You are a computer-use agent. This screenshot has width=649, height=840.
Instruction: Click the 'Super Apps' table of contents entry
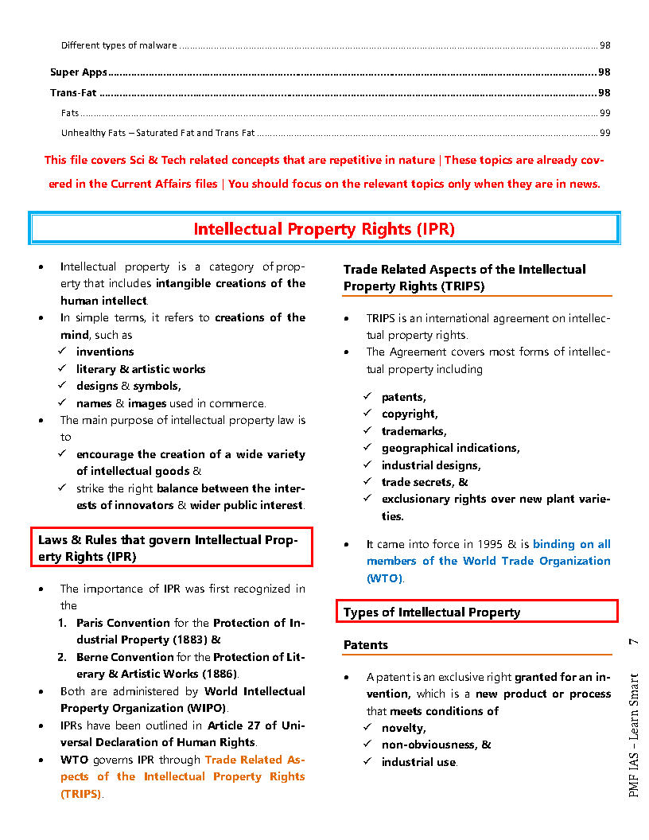point(79,72)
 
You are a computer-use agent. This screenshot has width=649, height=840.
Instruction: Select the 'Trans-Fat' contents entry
point(73,93)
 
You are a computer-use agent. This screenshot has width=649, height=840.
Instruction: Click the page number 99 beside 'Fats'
point(604,113)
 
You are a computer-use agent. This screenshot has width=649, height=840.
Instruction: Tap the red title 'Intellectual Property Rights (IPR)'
point(324,229)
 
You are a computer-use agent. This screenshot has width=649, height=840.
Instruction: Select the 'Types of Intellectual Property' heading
point(432,612)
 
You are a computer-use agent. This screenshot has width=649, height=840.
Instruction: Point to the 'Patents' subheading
point(366,645)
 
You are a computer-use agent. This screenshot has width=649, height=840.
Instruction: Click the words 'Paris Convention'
point(123,623)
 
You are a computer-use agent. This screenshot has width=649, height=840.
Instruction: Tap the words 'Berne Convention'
point(125,657)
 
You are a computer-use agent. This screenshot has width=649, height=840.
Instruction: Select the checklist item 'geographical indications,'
point(450,448)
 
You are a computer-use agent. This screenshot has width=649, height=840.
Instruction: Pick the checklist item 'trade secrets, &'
point(425,482)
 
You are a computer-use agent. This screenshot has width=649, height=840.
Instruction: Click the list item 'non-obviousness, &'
point(436,745)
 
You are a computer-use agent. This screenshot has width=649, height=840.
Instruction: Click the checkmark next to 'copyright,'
point(367,414)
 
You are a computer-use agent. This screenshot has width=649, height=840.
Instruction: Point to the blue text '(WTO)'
point(385,578)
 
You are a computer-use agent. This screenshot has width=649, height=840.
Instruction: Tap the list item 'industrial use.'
point(419,762)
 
